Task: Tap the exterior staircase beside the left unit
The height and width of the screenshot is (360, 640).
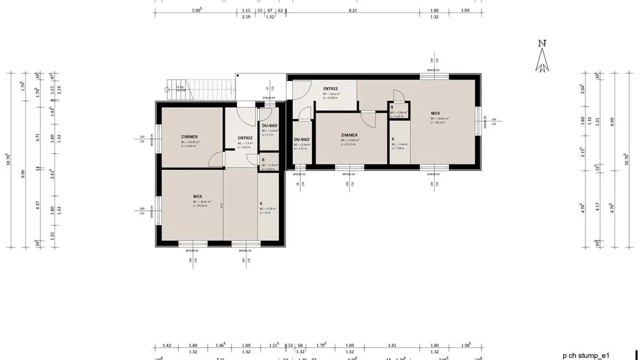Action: pyautogui.click(x=200, y=91)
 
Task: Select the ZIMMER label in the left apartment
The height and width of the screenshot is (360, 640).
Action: pyautogui.click(x=189, y=137)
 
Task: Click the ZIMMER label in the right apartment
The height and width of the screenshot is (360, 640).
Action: pyautogui.click(x=349, y=135)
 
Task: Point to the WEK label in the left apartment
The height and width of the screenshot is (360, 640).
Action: pyautogui.click(x=197, y=196)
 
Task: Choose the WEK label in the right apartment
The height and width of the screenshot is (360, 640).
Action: pyautogui.click(x=435, y=113)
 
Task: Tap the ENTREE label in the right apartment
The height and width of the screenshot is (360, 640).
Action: pyautogui.click(x=330, y=89)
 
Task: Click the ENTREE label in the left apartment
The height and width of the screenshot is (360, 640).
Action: pyautogui.click(x=245, y=138)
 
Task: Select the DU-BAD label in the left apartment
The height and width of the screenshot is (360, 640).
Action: pyautogui.click(x=270, y=126)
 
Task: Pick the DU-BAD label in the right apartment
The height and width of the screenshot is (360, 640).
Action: pyautogui.click(x=301, y=139)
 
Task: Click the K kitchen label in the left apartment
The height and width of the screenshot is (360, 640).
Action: pyautogui.click(x=261, y=204)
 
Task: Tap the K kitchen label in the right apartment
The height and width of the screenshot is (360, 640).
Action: pyautogui.click(x=393, y=139)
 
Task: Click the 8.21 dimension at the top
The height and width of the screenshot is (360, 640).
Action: pyautogui.click(x=352, y=10)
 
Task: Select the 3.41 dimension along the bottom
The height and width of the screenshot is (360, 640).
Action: pyautogui.click(x=392, y=345)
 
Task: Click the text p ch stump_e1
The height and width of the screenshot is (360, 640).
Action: pyautogui.click(x=586, y=356)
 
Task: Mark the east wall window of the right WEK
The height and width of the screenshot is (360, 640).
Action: pyautogui.click(x=478, y=120)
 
